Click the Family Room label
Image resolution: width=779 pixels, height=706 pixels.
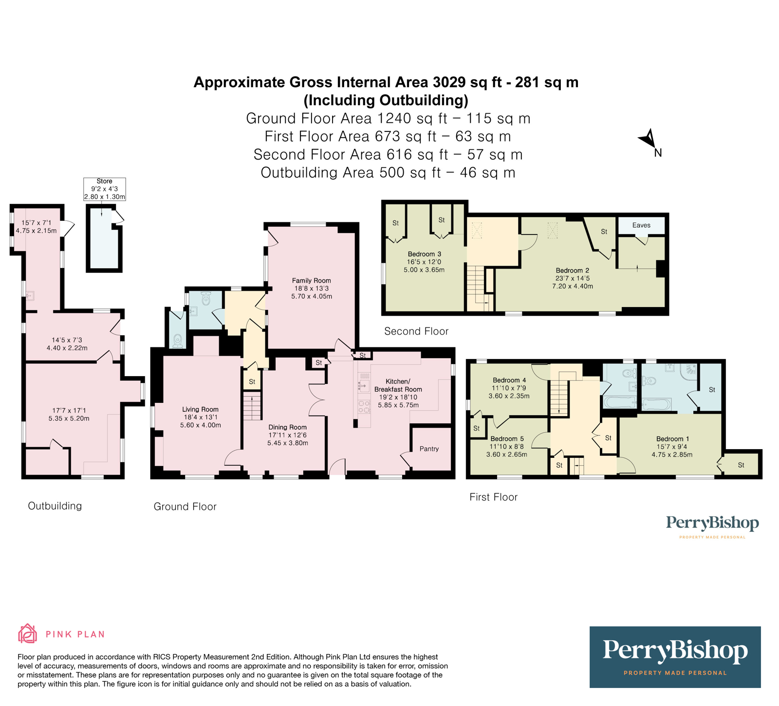pyautogui.click(x=311, y=280)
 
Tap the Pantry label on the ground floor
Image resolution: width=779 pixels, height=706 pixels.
pyautogui.click(x=429, y=449)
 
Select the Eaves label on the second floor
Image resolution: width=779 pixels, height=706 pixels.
pyautogui.click(x=641, y=225)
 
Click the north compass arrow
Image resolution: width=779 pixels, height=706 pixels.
pyautogui.click(x=648, y=139)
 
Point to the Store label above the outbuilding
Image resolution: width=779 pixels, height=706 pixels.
pyautogui.click(x=105, y=181)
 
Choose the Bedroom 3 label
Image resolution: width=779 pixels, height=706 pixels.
pyautogui.click(x=424, y=254)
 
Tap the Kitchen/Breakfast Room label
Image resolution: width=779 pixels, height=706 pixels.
pyautogui.click(x=398, y=385)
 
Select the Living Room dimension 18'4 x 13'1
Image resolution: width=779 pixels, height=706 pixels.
pyautogui.click(x=200, y=417)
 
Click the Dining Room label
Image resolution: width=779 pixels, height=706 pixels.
pyautogui.click(x=287, y=427)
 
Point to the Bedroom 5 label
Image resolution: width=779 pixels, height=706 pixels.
pyautogui.click(x=507, y=439)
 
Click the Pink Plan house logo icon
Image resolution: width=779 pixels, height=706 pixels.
pyautogui.click(x=27, y=634)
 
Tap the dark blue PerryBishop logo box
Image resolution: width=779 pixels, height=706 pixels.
pyautogui.click(x=675, y=657)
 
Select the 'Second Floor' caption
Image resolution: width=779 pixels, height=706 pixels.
pyautogui.click(x=416, y=331)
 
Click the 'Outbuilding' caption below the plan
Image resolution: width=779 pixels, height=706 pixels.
pyautogui.click(x=55, y=506)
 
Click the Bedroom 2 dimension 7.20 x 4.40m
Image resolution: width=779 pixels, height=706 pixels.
pyautogui.click(x=573, y=286)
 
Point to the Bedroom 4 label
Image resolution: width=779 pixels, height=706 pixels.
pyautogui.click(x=509, y=380)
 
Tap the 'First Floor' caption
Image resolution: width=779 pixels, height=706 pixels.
pyautogui.click(x=493, y=497)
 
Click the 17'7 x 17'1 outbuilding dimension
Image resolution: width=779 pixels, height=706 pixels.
pyautogui.click(x=69, y=410)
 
